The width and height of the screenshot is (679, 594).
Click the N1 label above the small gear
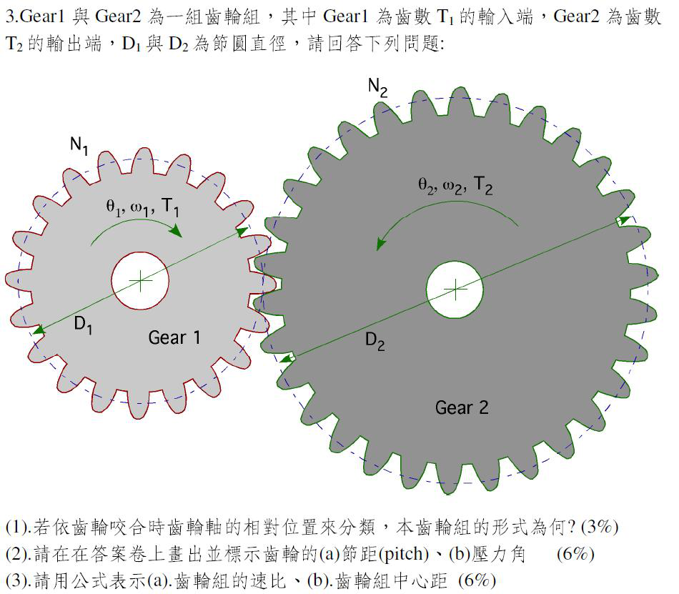pos(79,145)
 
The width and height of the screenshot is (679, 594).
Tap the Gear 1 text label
pos(174,337)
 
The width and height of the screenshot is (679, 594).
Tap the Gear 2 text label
pos(462,407)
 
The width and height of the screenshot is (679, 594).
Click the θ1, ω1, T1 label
pos(143,207)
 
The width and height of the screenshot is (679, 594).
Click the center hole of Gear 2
pos(455,289)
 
